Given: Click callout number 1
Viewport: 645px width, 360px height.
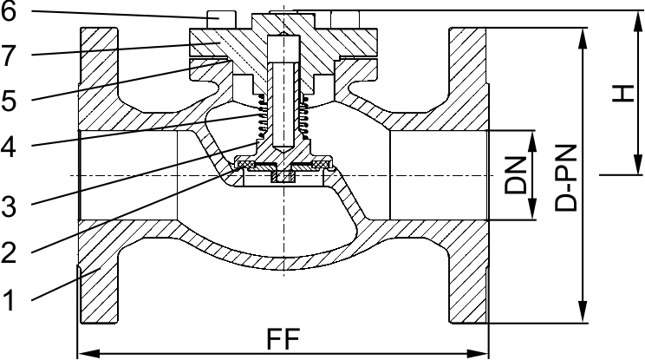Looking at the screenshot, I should (x=10, y=301).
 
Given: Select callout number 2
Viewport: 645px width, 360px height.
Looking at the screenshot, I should (x=10, y=253).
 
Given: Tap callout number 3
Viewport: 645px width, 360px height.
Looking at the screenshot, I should (x=10, y=206).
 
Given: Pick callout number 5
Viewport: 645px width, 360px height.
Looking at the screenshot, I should (x=10, y=100).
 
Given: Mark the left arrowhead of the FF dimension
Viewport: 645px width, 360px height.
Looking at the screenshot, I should (x=85, y=353).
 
